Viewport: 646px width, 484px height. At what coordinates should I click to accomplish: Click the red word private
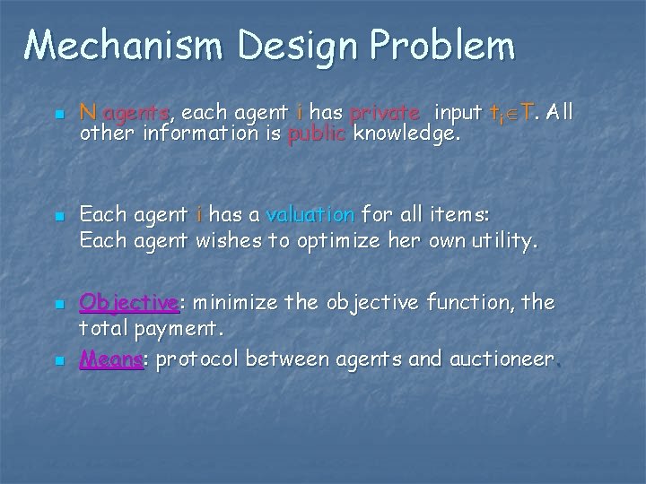[385, 113]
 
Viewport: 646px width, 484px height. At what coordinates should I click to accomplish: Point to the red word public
[318, 134]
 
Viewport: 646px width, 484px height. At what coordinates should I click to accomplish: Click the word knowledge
[407, 134]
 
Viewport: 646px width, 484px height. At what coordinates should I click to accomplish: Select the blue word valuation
[310, 214]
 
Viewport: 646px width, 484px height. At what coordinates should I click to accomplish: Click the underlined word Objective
[134, 301]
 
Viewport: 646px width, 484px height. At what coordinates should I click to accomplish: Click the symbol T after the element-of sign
[528, 113]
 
